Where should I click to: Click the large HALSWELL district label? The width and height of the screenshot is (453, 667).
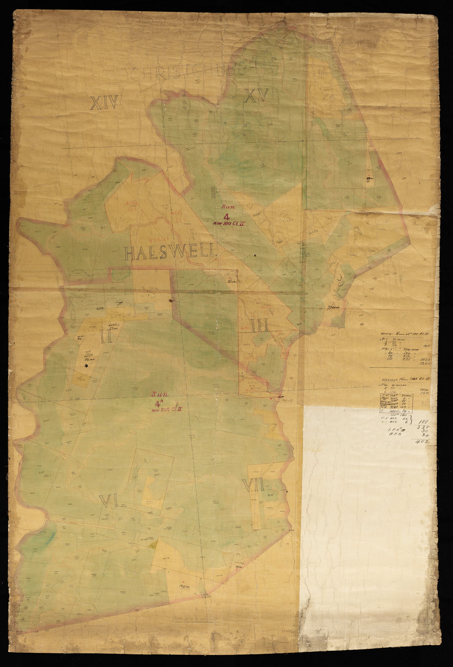click(170, 253)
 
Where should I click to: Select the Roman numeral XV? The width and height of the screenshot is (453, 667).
click(257, 96)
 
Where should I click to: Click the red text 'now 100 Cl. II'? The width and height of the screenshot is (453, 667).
click(227, 223)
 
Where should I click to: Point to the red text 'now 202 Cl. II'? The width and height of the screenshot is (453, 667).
click(167, 410)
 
